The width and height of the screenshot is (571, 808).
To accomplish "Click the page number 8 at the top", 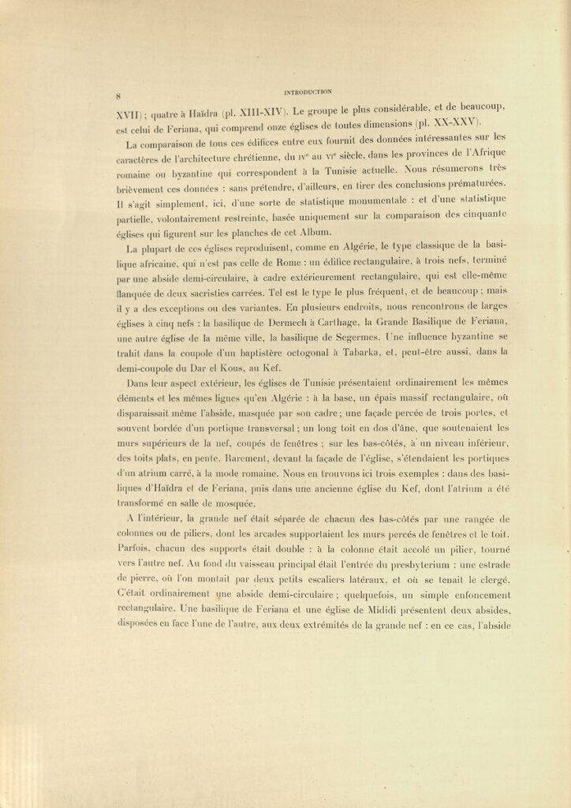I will [117, 96].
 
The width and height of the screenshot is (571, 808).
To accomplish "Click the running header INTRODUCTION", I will [307, 91].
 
